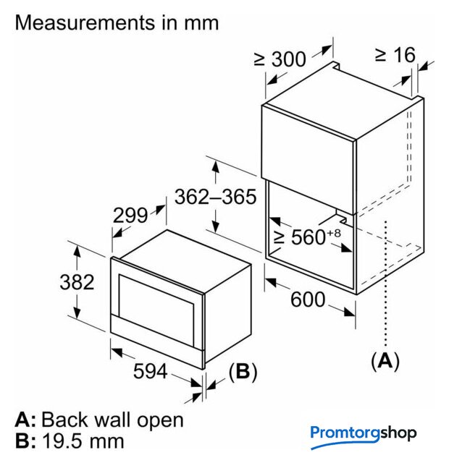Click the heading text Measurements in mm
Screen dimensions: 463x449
(x=117, y=22)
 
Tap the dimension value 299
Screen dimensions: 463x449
(x=131, y=215)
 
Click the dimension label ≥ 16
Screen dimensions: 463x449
(x=395, y=54)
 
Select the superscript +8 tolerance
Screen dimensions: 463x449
(x=333, y=231)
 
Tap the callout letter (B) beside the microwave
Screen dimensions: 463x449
(x=242, y=372)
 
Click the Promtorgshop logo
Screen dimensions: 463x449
(x=364, y=433)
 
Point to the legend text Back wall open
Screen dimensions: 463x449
(x=112, y=420)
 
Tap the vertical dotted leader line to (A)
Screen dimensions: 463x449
(x=389, y=289)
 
